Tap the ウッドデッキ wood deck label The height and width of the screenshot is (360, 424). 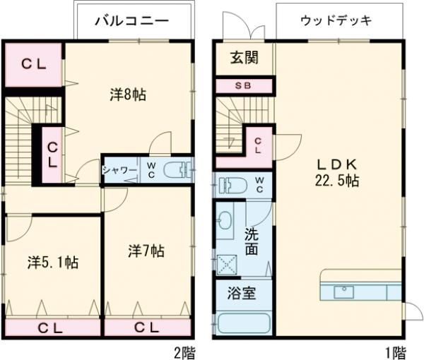336,20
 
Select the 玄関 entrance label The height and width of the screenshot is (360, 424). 242,58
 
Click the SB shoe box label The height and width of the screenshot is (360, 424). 242,86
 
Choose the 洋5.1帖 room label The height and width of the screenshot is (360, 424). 52,263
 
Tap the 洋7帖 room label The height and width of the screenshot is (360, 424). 146,251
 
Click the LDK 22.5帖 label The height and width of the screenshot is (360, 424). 337,172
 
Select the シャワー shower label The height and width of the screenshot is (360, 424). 119,170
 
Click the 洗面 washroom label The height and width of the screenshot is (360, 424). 252,241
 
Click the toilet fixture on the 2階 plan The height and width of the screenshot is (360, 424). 177,171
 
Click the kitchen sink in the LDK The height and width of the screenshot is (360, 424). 346,290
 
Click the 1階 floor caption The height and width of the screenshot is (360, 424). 394,351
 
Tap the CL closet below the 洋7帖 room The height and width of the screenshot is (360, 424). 146,327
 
